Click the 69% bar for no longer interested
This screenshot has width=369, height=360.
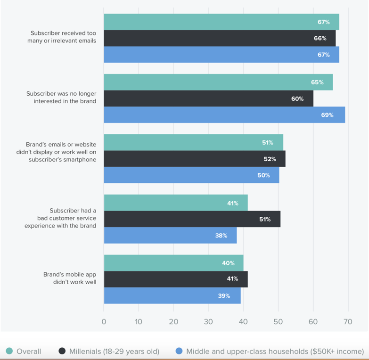pyautogui.click(x=224, y=115)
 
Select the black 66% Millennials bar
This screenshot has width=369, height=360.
pyautogui.click(x=220, y=38)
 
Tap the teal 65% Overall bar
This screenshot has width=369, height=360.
pyautogui.click(x=218, y=82)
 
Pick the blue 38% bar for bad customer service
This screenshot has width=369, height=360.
pyautogui.click(x=170, y=235)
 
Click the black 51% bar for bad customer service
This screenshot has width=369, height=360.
pyautogui.click(x=192, y=219)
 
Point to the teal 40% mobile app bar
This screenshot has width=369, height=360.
pyautogui.click(x=173, y=263)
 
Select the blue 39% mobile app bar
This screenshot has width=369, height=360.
pyautogui.click(x=172, y=295)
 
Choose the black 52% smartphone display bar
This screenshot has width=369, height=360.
pyautogui.click(x=194, y=159)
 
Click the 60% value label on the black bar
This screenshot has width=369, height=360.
pyautogui.click(x=297, y=99)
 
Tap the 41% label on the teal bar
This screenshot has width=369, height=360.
pyautogui.click(x=232, y=204)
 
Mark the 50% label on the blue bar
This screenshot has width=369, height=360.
pyautogui.click(x=263, y=175)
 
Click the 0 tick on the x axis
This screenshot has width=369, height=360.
pyautogui.click(x=104, y=322)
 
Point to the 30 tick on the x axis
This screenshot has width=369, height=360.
pyautogui.click(x=208, y=322)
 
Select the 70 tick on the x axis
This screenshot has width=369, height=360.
pyautogui.click(x=348, y=322)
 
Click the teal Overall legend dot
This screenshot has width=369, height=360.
pyautogui.click(x=9, y=351)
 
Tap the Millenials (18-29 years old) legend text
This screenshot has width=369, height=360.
pyautogui.click(x=114, y=351)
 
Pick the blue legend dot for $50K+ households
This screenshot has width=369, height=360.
pyautogui.click(x=179, y=351)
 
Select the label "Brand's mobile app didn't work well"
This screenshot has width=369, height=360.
pyautogui.click(x=70, y=278)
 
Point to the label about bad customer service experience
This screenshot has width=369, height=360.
pyautogui.click(x=60, y=218)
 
